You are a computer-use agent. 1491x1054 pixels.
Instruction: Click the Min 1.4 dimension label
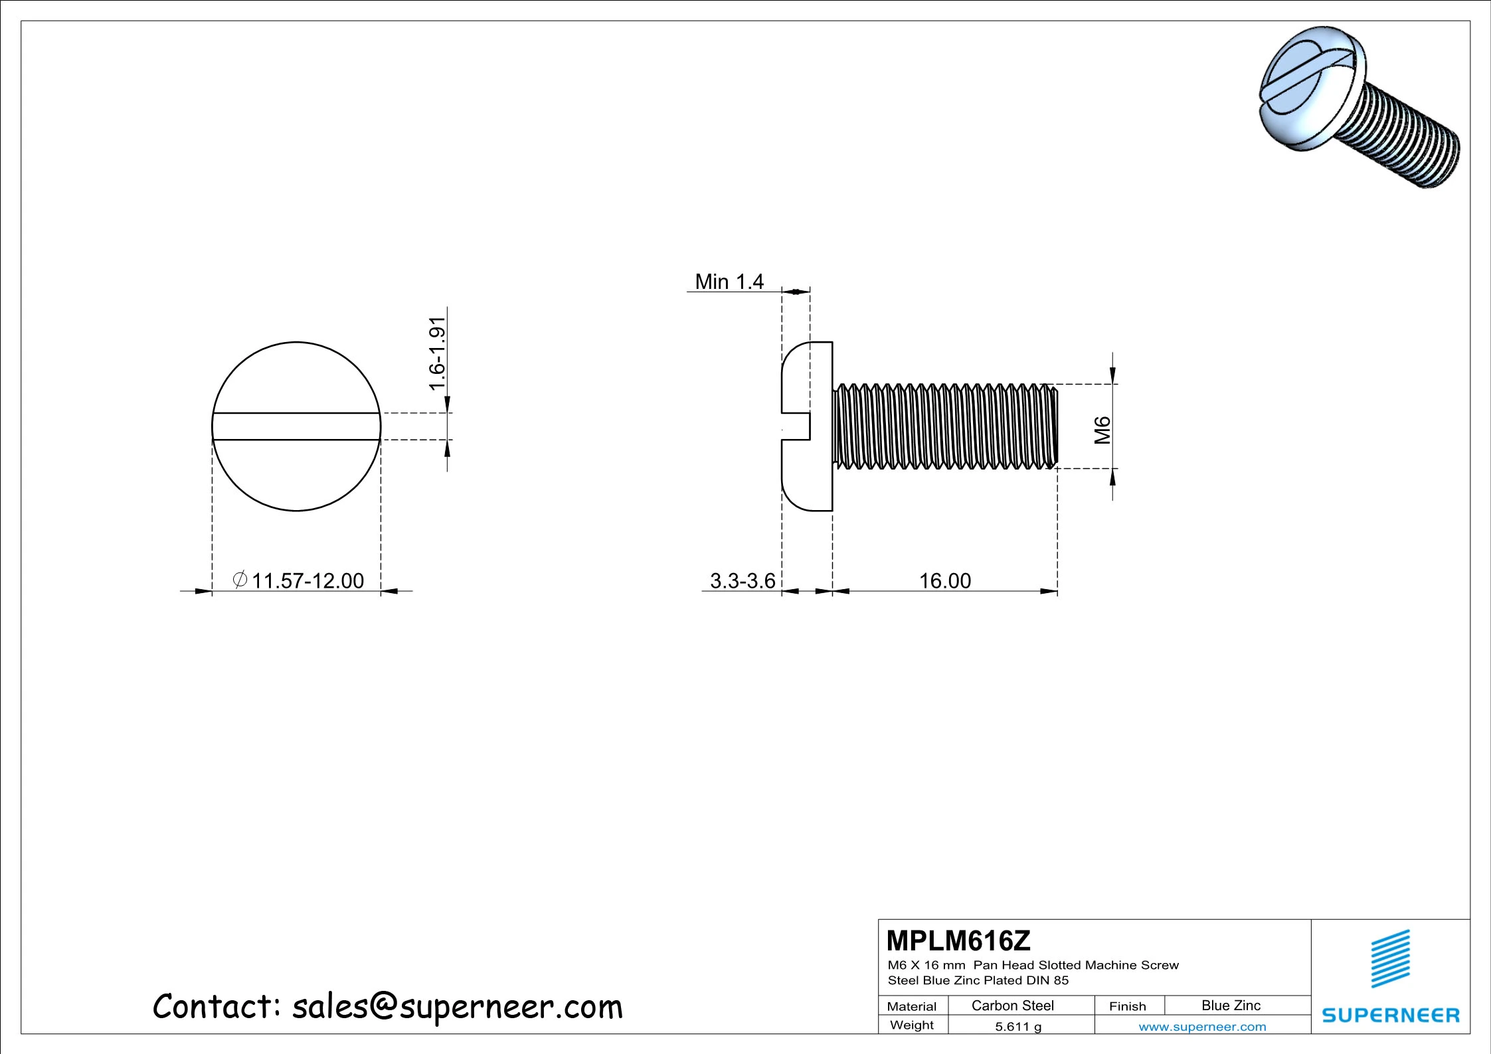click(x=729, y=282)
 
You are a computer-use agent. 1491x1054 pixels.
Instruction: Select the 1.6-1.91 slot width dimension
click(x=437, y=354)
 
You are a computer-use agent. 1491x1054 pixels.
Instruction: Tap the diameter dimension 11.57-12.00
click(x=307, y=581)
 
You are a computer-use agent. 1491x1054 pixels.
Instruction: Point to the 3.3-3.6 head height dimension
click(x=742, y=581)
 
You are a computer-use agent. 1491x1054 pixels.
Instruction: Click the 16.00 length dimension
click(x=944, y=581)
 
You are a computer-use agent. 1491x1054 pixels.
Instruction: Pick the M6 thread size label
click(x=1102, y=430)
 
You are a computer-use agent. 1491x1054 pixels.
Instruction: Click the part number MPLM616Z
click(x=958, y=940)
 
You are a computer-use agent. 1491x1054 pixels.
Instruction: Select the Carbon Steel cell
click(x=1012, y=1006)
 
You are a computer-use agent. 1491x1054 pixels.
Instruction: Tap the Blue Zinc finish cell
click(x=1230, y=1006)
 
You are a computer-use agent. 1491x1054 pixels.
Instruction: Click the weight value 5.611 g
click(x=1017, y=1026)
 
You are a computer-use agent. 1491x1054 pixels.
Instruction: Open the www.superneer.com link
click(x=1201, y=1027)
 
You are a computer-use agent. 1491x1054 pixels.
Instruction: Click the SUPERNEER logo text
click(x=1390, y=1015)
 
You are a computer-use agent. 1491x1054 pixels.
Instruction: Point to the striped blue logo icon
click(x=1390, y=958)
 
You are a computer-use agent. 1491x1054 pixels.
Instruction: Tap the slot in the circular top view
click(x=296, y=426)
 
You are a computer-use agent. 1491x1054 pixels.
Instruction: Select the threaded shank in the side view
click(x=943, y=426)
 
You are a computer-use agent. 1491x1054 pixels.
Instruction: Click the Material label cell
click(x=911, y=1006)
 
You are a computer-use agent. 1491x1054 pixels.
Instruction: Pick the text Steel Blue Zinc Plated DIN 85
click(x=978, y=980)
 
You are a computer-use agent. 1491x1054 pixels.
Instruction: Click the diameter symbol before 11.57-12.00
click(x=240, y=580)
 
